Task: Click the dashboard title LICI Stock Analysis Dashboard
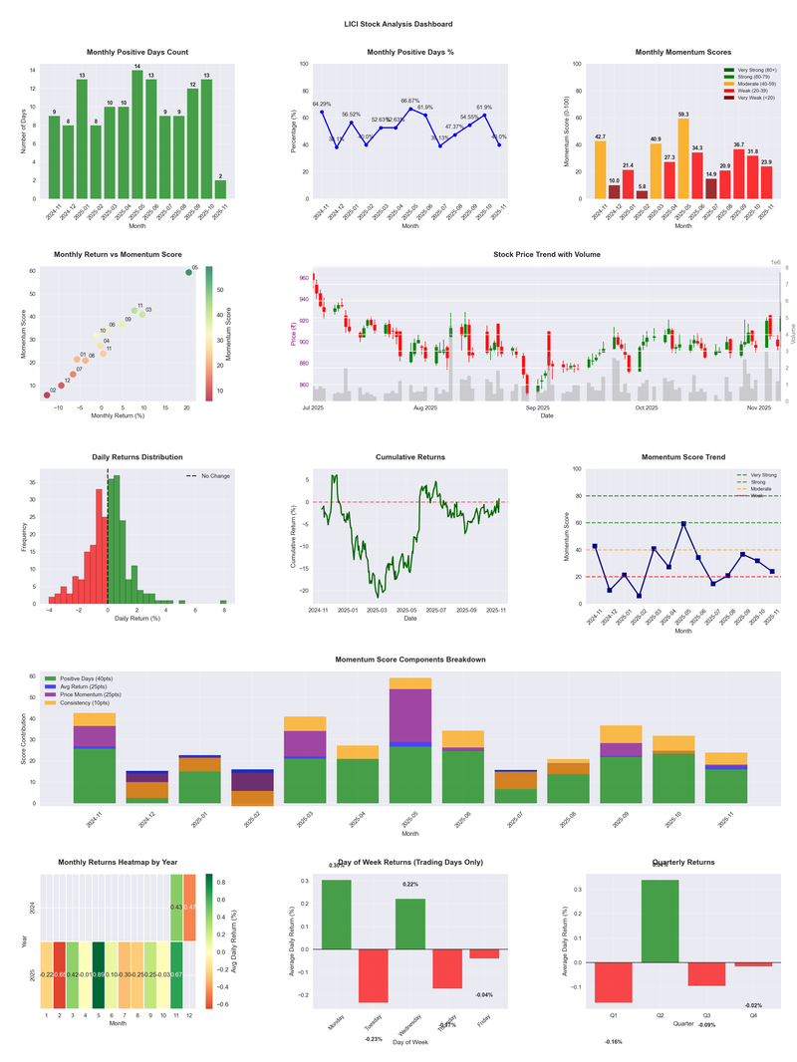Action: (398, 24)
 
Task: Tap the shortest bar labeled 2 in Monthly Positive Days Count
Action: (220, 189)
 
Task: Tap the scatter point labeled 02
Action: (46, 396)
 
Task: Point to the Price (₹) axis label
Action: (294, 334)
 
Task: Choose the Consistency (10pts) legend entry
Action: (96, 702)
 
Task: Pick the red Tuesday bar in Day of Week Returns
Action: (373, 975)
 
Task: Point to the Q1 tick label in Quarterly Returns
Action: (615, 1017)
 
